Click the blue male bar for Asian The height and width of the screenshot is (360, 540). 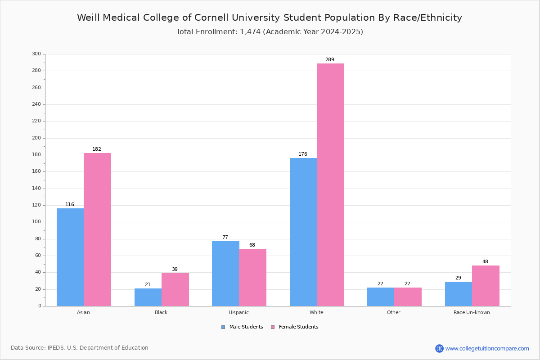[70, 257]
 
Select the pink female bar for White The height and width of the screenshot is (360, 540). [330, 184]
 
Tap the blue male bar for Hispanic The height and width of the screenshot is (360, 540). [225, 274]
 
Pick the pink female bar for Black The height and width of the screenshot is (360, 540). [175, 289]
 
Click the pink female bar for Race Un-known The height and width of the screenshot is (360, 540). [486, 286]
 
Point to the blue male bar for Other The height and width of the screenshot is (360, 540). [381, 297]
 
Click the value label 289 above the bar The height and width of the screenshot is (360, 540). [330, 59]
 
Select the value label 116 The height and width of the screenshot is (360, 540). [70, 204]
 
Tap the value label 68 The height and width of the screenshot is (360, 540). [252, 245]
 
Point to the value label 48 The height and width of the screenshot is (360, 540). [485, 261]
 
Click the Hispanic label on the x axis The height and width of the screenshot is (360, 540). [238, 312]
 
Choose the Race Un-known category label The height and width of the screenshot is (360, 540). [472, 312]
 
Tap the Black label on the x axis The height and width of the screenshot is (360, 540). [161, 312]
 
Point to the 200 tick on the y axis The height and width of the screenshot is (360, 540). [36, 138]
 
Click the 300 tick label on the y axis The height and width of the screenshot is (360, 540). [36, 54]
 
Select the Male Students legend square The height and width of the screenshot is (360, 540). [223, 327]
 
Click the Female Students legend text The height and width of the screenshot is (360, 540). [299, 327]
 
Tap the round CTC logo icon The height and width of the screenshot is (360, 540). [439, 348]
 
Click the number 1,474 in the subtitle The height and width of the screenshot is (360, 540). [250, 32]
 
